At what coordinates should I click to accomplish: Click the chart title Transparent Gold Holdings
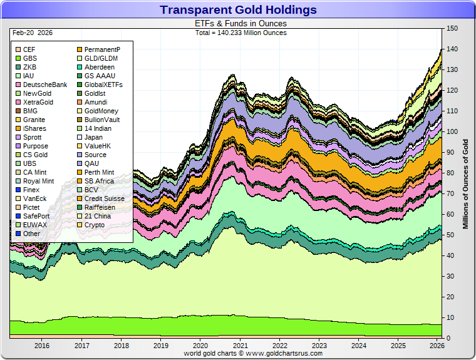click(238, 10)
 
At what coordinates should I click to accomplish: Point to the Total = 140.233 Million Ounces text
click(241, 33)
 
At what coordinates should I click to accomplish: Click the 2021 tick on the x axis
click(239, 345)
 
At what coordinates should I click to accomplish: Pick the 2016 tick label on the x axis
click(42, 345)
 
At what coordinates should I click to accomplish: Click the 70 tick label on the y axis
click(450, 194)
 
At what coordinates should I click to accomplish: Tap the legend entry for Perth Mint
click(99, 172)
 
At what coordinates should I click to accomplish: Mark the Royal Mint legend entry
click(38, 181)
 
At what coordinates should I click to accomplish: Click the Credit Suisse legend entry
click(104, 198)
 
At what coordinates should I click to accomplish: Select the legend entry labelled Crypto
click(94, 225)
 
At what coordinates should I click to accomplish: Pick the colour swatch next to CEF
click(18, 49)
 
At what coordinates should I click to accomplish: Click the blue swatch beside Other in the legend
click(18, 234)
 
